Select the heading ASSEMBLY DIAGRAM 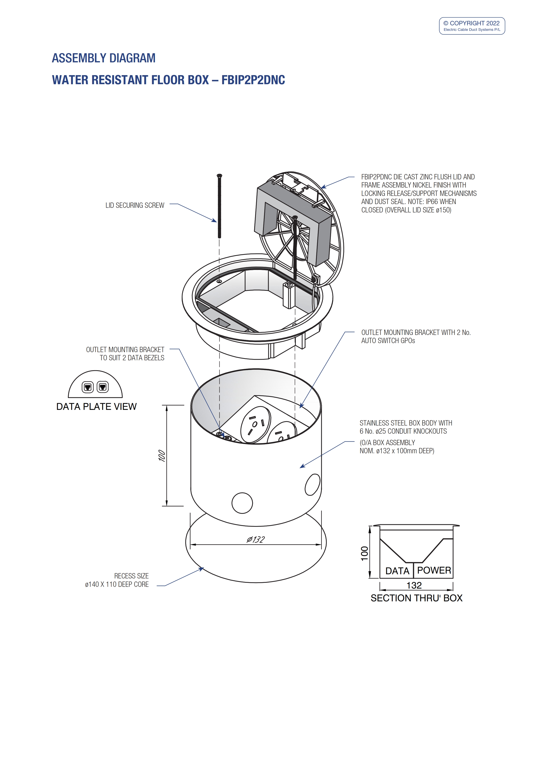[104, 58]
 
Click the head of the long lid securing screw [219, 176]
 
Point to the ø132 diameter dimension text [256, 539]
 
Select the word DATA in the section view [397, 571]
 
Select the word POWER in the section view [434, 570]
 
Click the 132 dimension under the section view [414, 585]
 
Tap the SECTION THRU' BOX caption [416, 598]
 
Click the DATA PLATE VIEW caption [96, 407]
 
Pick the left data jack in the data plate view [87, 387]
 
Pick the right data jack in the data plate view [103, 387]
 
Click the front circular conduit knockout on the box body [242, 503]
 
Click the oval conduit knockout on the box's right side [313, 485]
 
